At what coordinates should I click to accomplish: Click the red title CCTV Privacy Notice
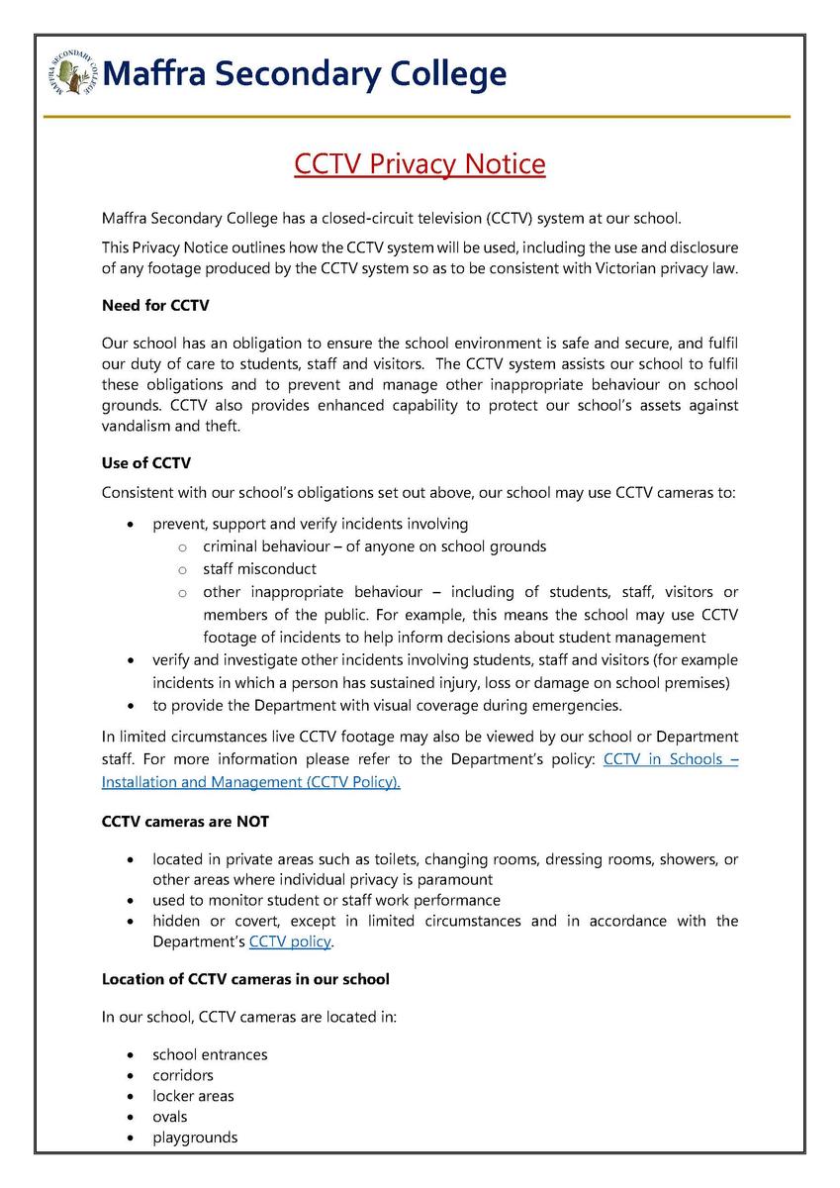(x=420, y=162)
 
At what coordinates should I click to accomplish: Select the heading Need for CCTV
(x=155, y=305)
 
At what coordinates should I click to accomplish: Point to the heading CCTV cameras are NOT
(x=185, y=821)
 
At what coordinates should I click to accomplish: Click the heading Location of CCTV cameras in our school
(x=245, y=978)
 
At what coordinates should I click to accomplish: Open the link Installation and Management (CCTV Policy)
(x=251, y=782)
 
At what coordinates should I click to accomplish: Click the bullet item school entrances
(x=210, y=1054)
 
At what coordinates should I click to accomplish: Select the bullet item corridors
(x=183, y=1075)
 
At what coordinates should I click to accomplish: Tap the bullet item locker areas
(x=193, y=1096)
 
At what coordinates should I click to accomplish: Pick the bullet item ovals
(x=170, y=1117)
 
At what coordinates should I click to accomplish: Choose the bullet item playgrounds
(x=195, y=1138)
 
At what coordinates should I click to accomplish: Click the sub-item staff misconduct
(x=259, y=568)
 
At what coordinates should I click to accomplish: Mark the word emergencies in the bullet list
(x=577, y=705)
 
